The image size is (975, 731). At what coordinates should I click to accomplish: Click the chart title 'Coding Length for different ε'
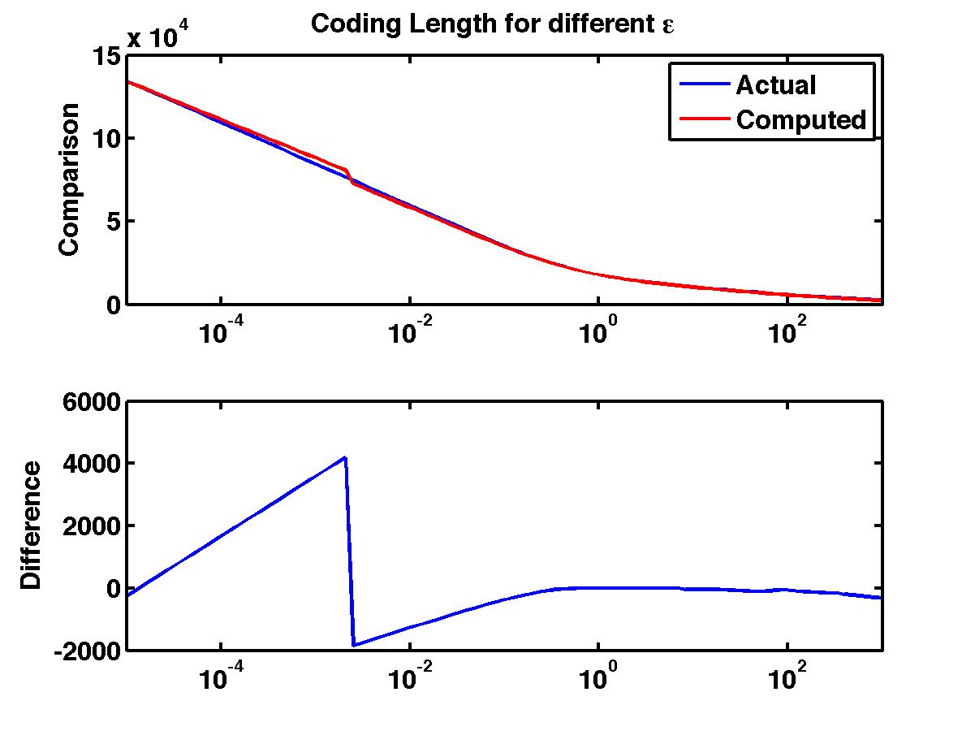pyautogui.click(x=494, y=24)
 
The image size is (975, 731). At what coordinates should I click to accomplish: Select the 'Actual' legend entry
pyautogui.click(x=775, y=84)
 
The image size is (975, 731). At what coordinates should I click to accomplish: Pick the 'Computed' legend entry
pyautogui.click(x=801, y=120)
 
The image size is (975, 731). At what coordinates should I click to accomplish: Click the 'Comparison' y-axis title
pyautogui.click(x=70, y=180)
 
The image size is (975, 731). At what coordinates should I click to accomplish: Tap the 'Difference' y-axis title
pyautogui.click(x=31, y=525)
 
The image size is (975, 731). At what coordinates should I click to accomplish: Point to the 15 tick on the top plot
pyautogui.click(x=109, y=56)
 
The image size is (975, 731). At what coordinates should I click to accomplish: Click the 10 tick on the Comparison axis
pyautogui.click(x=109, y=139)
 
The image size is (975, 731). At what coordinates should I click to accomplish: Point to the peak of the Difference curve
pyautogui.click(x=345, y=458)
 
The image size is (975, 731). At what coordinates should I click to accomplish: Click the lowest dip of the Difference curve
pyautogui.click(x=354, y=646)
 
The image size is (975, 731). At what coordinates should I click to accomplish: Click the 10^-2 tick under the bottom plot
pyautogui.click(x=409, y=679)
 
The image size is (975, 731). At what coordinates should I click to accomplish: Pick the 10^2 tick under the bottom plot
pyautogui.click(x=787, y=679)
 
